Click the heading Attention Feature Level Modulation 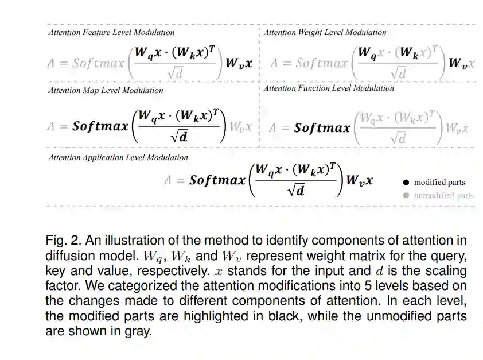tap(111, 32)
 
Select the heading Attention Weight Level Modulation tap(325, 32)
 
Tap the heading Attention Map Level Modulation tap(106, 90)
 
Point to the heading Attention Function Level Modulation tap(329, 88)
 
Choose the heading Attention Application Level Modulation tap(118, 157)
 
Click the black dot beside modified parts tap(406, 182)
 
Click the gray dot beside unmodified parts tap(406, 195)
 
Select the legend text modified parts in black tap(439, 182)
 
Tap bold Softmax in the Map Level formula tap(101, 126)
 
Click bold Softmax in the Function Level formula tap(322, 127)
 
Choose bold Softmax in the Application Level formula tap(217, 180)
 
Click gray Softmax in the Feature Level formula tap(99, 63)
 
